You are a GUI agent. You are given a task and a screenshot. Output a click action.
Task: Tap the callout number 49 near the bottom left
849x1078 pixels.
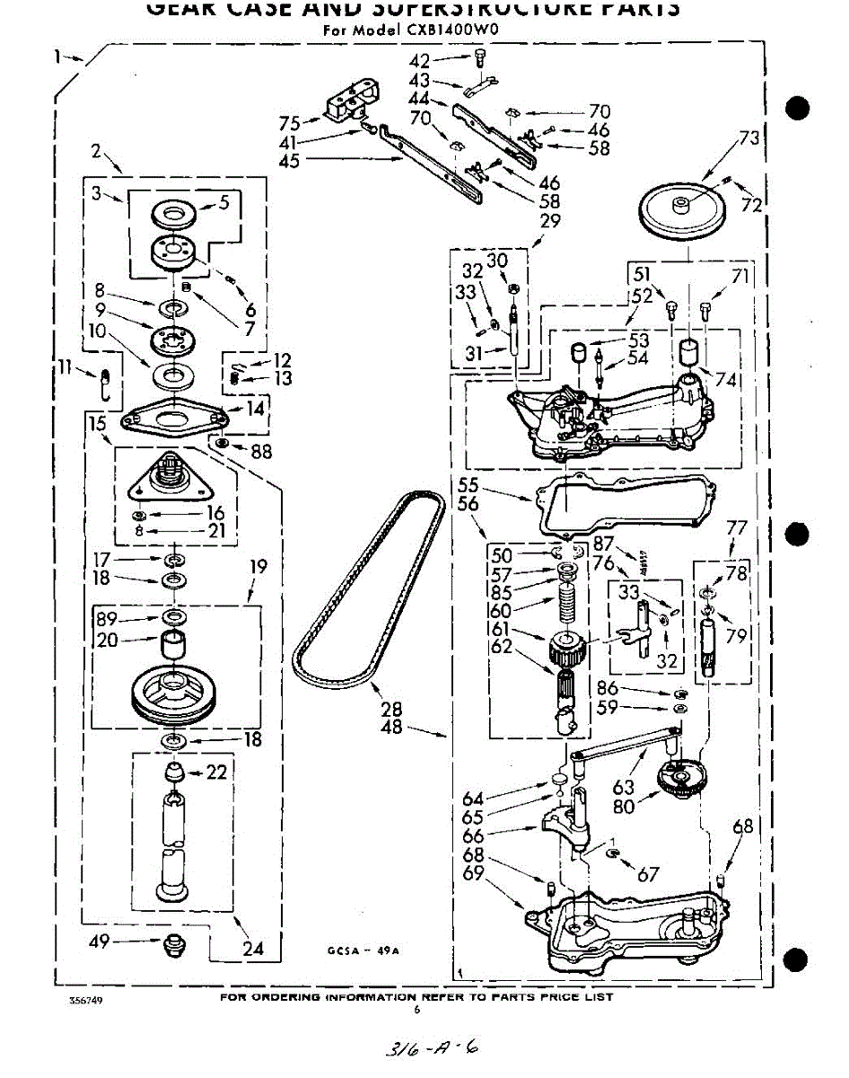pos(100,941)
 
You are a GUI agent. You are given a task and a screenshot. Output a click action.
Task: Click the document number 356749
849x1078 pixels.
pos(86,1000)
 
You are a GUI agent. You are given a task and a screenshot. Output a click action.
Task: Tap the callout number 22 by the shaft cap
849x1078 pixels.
pos(216,772)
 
